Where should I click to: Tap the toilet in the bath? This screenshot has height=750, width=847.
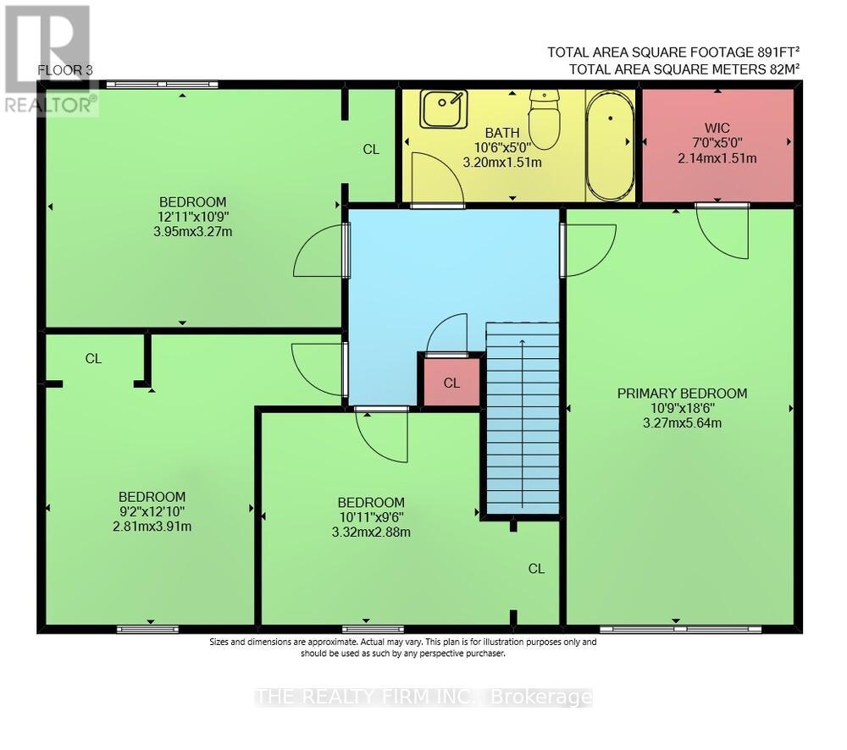[x=544, y=120]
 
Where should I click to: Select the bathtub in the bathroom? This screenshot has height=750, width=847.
[x=610, y=146]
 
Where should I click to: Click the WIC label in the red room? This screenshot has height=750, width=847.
[x=717, y=128]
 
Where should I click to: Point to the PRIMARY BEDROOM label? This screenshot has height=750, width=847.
[x=682, y=393]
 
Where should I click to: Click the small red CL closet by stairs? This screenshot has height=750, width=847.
[x=451, y=383]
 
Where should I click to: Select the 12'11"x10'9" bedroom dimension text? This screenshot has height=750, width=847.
[x=193, y=216]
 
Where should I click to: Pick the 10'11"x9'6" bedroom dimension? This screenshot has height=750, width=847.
[x=370, y=516]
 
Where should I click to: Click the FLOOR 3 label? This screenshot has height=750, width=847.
[x=66, y=70]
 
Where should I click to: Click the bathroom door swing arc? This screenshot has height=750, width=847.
[x=431, y=180]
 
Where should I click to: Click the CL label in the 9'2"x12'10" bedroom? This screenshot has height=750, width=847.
[x=93, y=358]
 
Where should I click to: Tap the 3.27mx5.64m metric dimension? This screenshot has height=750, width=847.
[x=682, y=422]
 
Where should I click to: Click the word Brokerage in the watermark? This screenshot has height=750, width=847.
[x=540, y=698]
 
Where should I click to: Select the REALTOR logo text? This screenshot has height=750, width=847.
[x=49, y=104]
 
